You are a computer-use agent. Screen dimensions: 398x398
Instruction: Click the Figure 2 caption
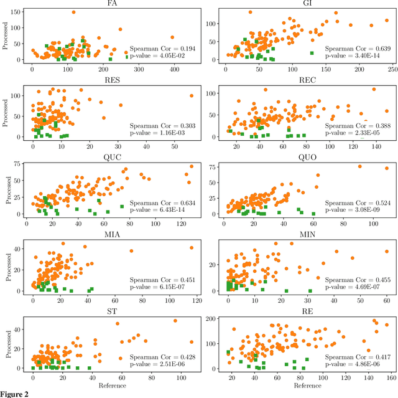pyautogui.click(x=14, y=394)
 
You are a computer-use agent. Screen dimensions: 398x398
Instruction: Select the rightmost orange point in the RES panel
pyautogui.click(x=191, y=96)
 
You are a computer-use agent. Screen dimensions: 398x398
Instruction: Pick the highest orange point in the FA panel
pyautogui.click(x=73, y=12)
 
